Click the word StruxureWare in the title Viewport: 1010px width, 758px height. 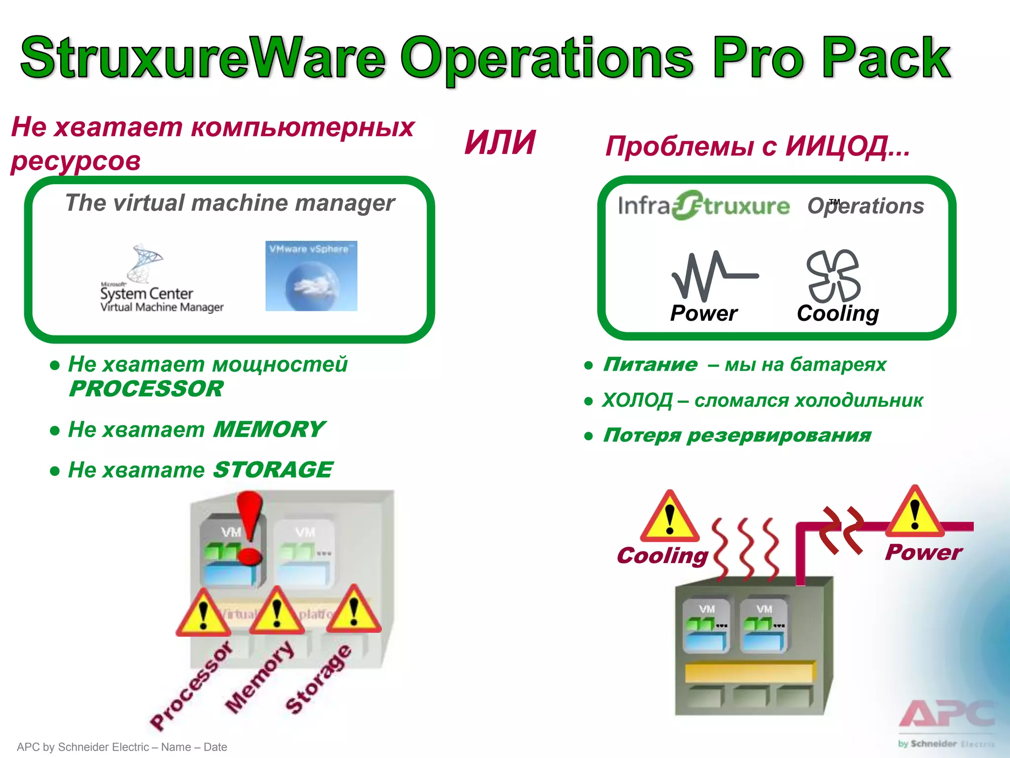point(202,58)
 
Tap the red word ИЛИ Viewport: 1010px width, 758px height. point(500,143)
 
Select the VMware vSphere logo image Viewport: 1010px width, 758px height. point(311,276)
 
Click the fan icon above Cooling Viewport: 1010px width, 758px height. point(833,276)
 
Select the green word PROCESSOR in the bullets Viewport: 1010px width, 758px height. point(146,389)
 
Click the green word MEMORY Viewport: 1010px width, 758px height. point(269,429)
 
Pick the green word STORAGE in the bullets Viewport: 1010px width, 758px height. point(273,470)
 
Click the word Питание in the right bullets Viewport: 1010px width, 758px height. point(650,365)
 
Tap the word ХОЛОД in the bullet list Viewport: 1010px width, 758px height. point(637,400)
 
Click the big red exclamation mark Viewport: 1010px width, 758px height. point(250,528)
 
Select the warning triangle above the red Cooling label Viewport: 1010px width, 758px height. point(669,517)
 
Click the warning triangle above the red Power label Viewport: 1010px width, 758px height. point(915,513)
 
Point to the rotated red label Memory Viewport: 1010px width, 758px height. point(259,678)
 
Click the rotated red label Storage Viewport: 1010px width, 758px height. point(319,680)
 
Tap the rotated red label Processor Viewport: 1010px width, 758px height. point(191,686)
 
